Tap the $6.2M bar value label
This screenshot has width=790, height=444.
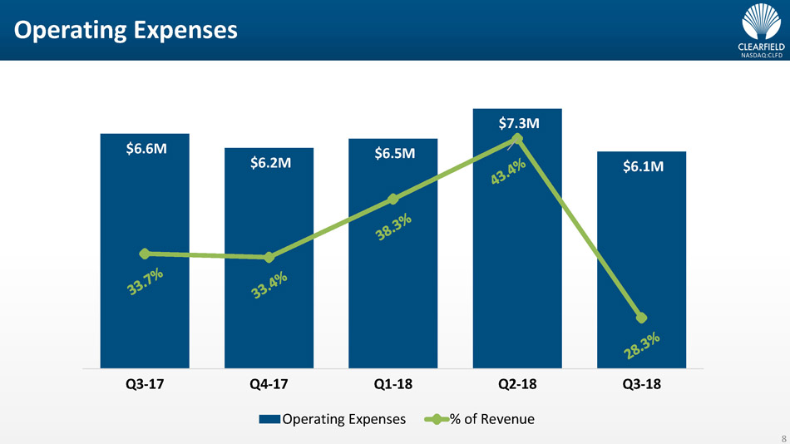point(270,163)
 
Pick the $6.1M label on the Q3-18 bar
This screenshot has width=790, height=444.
point(643,167)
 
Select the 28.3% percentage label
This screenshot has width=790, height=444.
point(644,347)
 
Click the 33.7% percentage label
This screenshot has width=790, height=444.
point(145,284)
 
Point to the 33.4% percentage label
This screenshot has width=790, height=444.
point(269,288)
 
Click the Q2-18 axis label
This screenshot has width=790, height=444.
point(518,386)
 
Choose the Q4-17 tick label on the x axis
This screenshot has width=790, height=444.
point(269,386)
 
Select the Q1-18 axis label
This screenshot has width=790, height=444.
point(393,386)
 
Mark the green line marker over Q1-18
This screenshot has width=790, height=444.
point(393,199)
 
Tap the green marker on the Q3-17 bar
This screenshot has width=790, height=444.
point(145,254)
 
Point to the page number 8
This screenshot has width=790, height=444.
point(783,436)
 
